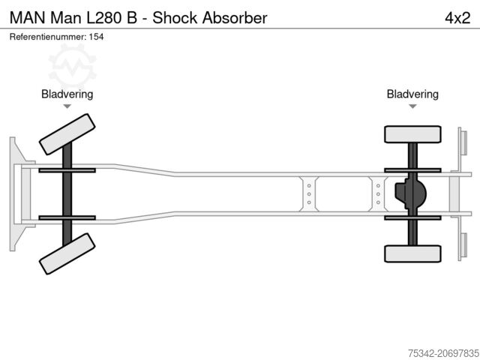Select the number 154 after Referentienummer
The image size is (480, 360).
96,37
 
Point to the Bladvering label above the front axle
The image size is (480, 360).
67,94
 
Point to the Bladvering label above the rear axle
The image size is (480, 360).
412,94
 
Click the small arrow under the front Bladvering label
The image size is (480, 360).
67,106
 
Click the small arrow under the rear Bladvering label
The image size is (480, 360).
412,106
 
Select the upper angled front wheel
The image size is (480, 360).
67,133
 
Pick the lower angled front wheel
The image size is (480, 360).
67,253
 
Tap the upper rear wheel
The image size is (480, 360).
412,134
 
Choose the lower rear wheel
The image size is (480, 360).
412,253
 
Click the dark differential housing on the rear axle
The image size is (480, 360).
409,193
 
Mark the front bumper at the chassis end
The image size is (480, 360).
16,193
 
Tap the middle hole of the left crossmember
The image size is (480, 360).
308,193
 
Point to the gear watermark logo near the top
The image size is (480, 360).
73,63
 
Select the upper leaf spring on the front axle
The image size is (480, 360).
67,170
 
